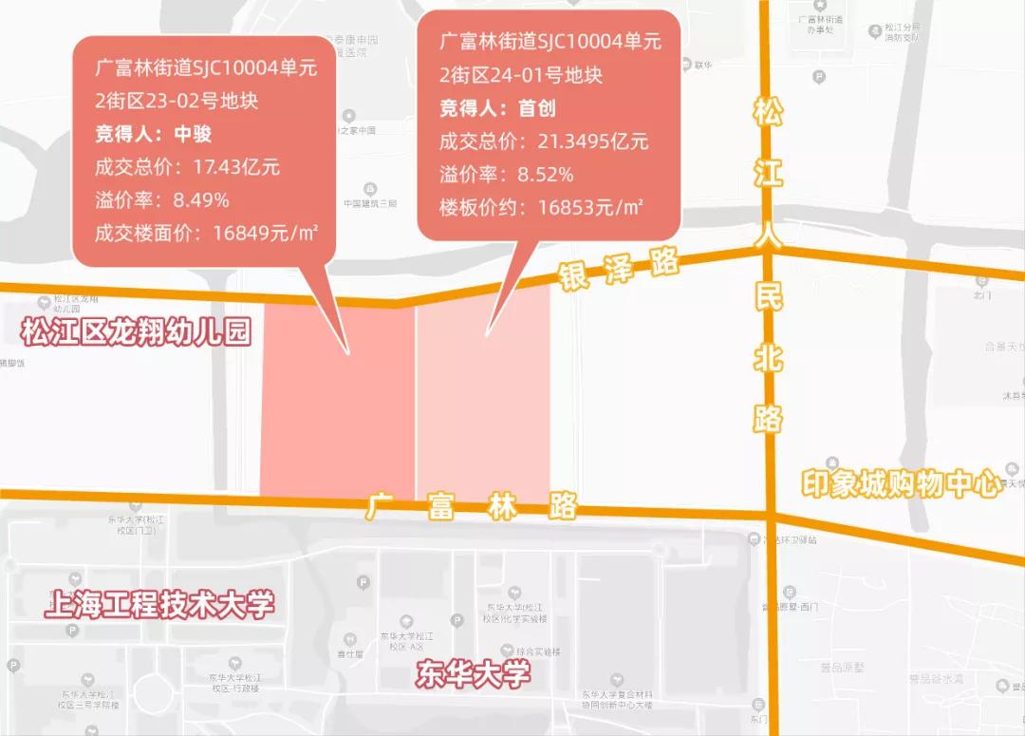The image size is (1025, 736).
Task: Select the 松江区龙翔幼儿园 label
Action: (136, 332)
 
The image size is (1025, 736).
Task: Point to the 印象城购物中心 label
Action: (901, 483)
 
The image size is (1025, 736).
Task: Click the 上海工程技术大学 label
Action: (159, 605)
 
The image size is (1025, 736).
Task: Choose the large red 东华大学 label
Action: (473, 674)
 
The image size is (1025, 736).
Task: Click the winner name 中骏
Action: (193, 133)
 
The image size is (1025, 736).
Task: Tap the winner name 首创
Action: (536, 107)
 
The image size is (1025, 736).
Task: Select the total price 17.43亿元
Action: (236, 167)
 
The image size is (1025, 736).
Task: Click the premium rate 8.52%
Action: (546, 175)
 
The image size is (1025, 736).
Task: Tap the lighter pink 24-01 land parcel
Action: (484, 418)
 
